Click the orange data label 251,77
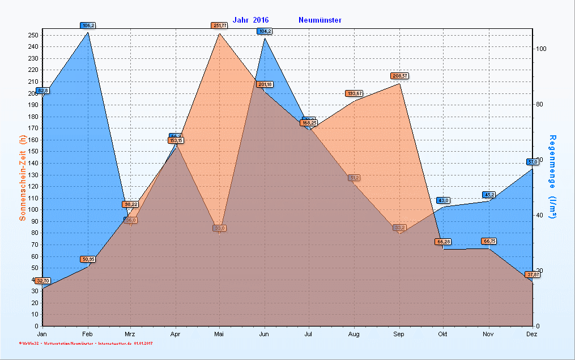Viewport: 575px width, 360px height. [219, 25]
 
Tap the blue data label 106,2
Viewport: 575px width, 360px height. [88, 25]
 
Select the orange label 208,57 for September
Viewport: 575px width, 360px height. [399, 76]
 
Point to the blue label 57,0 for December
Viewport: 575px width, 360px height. [533, 162]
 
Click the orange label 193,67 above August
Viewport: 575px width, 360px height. [354, 93]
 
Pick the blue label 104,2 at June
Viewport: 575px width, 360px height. [265, 31]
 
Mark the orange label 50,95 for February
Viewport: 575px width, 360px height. [88, 259]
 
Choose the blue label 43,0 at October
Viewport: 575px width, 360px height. [443, 200]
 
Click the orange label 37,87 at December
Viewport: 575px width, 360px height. [533, 275]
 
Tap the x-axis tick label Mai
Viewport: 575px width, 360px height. [219, 335]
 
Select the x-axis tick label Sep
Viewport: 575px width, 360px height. [399, 335]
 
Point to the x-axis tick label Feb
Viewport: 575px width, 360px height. [87, 335]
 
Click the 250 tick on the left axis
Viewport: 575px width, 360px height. [33, 35]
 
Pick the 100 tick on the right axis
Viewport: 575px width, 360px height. [541, 49]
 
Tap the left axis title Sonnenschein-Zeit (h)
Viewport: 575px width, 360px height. [23, 177]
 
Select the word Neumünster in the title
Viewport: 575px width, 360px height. [320, 20]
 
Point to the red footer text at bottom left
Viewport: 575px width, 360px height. [86, 344]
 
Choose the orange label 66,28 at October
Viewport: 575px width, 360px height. [443, 242]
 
